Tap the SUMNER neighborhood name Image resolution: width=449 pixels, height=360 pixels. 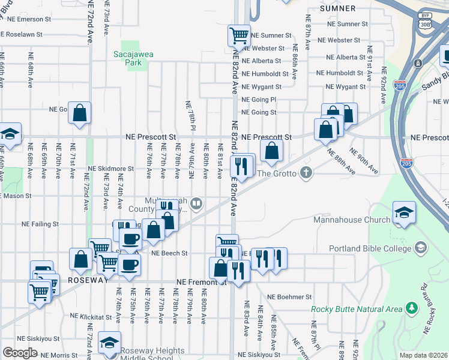(337, 8)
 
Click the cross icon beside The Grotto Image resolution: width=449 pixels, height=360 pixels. (306, 173)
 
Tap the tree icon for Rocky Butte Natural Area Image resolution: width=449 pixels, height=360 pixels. (411, 308)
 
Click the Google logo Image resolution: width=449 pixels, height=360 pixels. (20, 353)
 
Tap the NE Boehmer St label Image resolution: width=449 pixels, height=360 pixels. (290, 297)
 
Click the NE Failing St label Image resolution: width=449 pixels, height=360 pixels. (40, 224)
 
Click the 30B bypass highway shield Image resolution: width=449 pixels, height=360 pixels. (426, 24)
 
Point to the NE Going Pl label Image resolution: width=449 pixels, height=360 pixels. (259, 99)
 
